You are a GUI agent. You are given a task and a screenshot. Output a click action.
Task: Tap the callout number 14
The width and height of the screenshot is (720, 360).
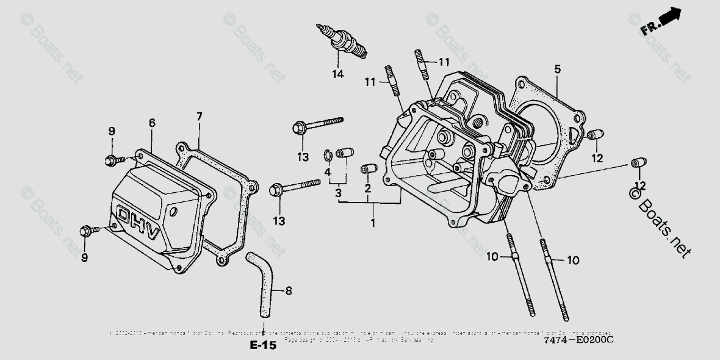pyautogui.click(x=338, y=74)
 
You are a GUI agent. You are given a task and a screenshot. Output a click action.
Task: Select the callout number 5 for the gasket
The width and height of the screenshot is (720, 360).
pyautogui.click(x=557, y=69)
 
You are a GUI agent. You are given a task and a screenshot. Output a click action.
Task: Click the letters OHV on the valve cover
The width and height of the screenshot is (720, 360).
pyautogui.click(x=138, y=223)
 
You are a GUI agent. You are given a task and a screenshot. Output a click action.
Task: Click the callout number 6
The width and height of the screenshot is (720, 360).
pyautogui.click(x=152, y=123)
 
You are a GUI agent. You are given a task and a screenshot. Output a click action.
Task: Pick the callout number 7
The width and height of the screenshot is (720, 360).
pyautogui.click(x=199, y=116)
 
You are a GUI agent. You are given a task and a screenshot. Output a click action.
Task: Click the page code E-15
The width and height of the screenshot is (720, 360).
pyautogui.click(x=263, y=346)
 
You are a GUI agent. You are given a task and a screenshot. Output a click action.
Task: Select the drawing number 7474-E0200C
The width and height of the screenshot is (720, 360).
pyautogui.click(x=579, y=340)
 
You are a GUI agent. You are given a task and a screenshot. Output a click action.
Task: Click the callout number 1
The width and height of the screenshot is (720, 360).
pyautogui.click(x=373, y=224)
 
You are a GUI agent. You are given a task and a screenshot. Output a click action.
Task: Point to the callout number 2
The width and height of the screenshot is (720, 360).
pyautogui.click(x=368, y=189)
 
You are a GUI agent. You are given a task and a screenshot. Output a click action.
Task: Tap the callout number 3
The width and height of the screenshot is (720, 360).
pyautogui.click(x=337, y=193)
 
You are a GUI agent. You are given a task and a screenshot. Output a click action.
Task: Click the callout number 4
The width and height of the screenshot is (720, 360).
pyautogui.click(x=328, y=173)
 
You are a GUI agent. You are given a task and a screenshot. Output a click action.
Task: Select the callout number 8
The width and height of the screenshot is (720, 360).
pyautogui.click(x=289, y=291)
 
